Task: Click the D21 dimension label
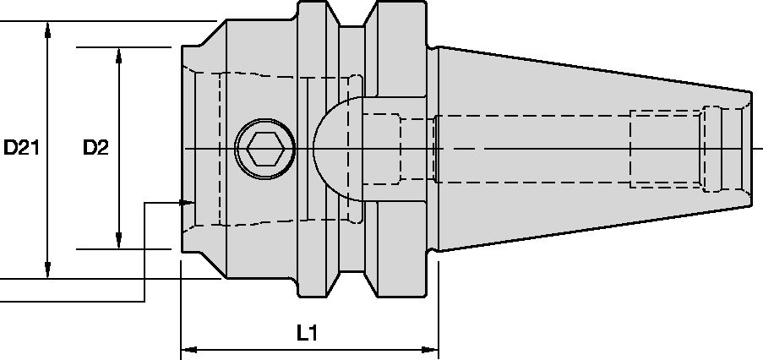(21, 149)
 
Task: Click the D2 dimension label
(95, 149)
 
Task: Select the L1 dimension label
(307, 333)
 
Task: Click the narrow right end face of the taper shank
(751, 150)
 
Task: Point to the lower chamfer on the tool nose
(203, 265)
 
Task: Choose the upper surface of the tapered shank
(591, 67)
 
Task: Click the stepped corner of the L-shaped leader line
(145, 203)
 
